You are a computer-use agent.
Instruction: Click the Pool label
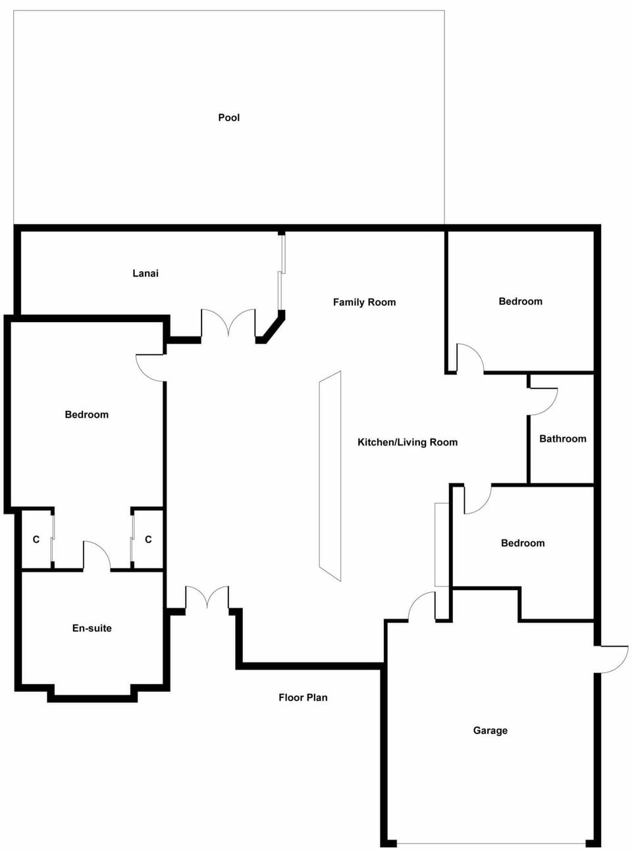[x=228, y=118]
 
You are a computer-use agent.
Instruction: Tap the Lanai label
[x=145, y=273]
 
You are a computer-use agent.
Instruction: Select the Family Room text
[x=364, y=302]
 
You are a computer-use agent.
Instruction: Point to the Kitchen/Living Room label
[x=408, y=442]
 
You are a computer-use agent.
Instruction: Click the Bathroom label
[x=562, y=439]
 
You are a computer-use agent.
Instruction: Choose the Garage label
[x=490, y=731]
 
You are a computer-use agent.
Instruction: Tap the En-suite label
[x=92, y=628]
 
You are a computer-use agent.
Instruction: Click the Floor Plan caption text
[x=303, y=697]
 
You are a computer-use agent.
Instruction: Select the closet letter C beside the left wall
[x=36, y=540]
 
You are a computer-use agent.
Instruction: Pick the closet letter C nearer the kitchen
[x=148, y=539]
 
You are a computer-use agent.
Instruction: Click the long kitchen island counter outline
[x=330, y=476]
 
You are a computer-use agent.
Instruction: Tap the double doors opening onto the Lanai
[x=228, y=323]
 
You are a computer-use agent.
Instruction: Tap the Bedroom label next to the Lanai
[x=86, y=414]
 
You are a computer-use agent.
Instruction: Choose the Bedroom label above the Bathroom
[x=520, y=301]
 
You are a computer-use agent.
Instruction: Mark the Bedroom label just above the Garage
[x=523, y=543]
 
